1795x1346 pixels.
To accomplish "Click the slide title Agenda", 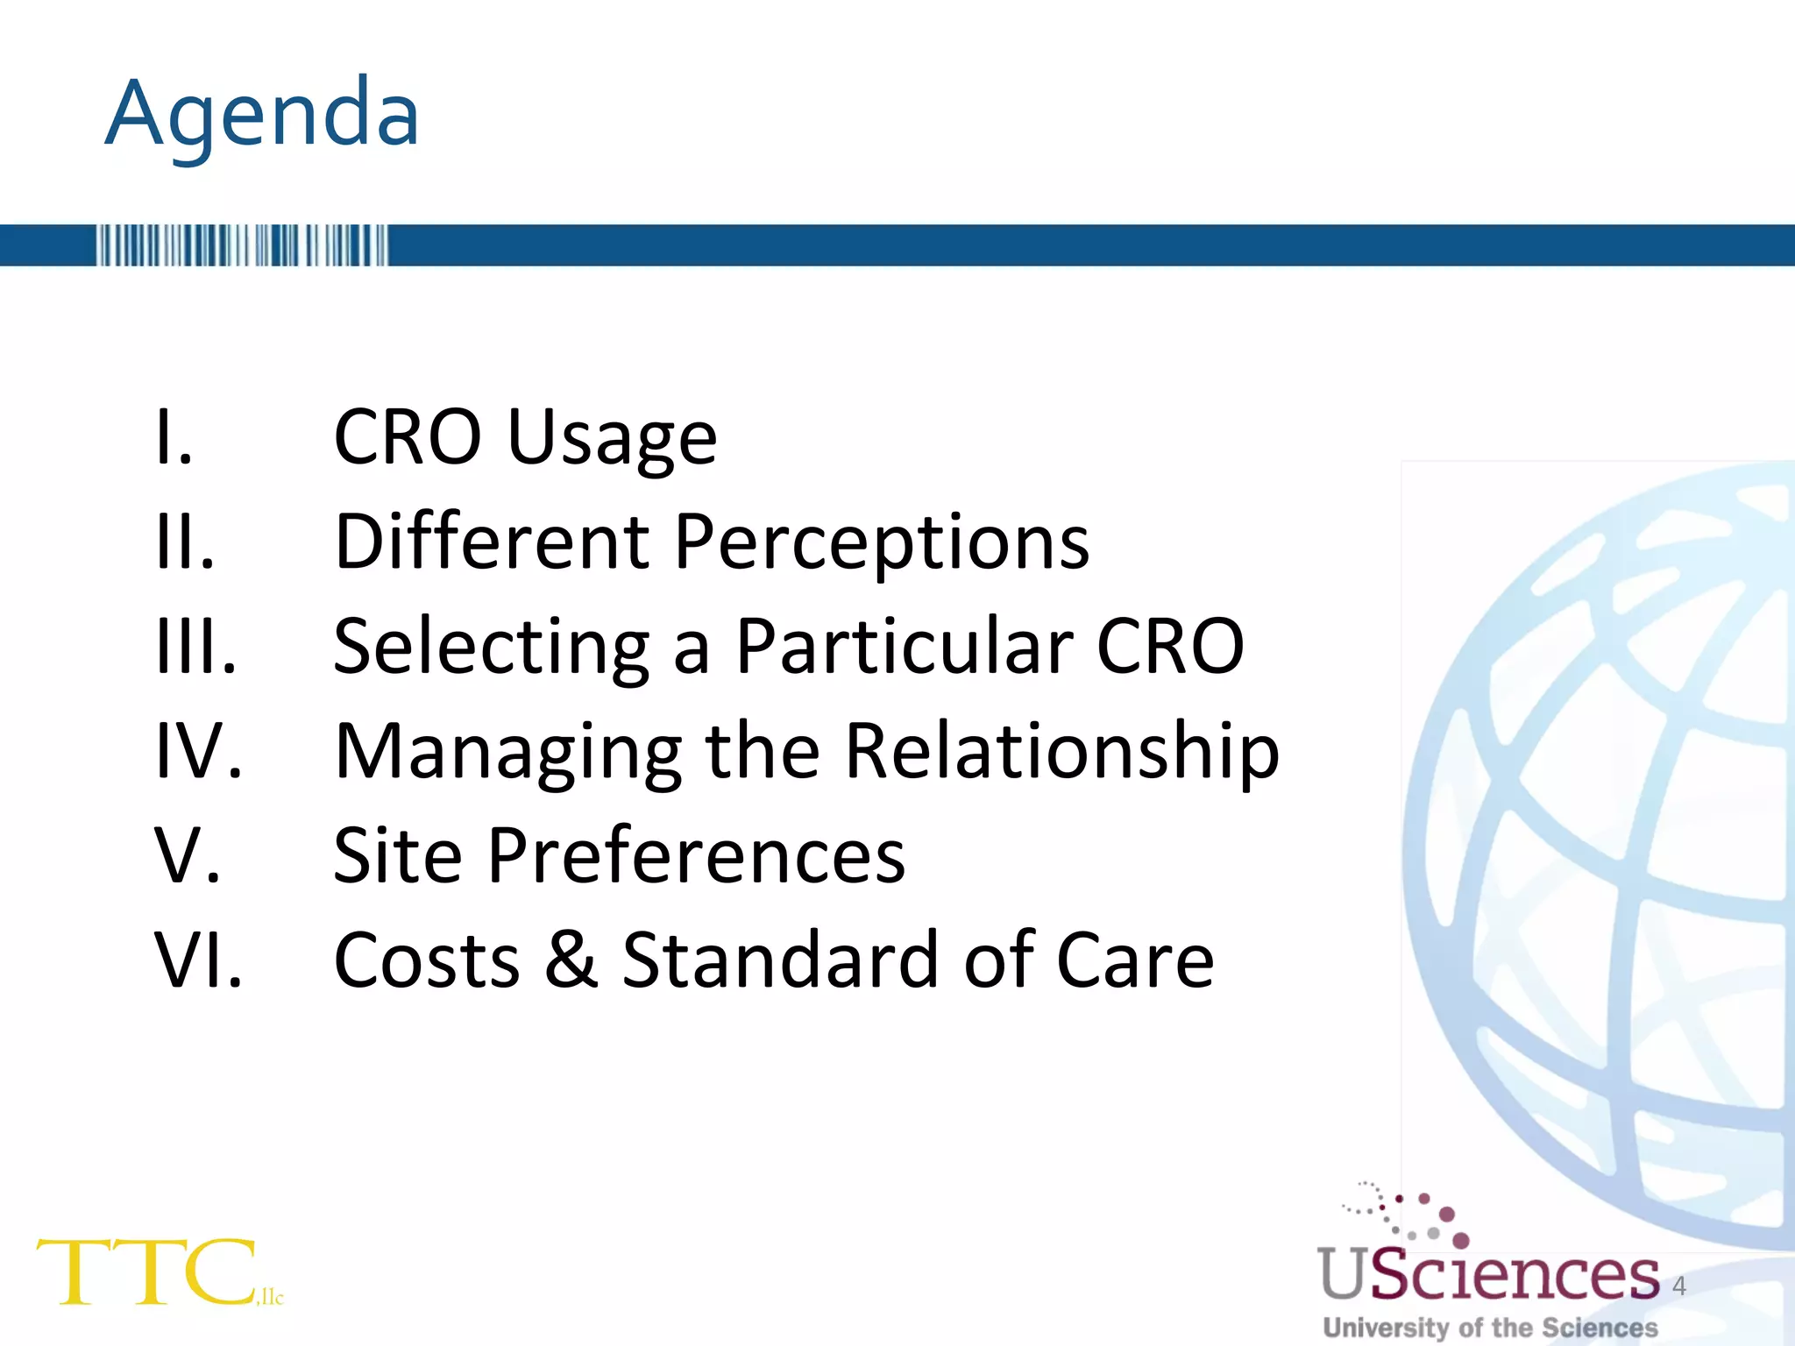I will coord(262,115).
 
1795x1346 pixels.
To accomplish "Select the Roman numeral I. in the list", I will coord(174,437).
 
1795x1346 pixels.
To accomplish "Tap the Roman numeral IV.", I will coord(198,750).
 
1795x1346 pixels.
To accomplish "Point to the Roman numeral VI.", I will coord(198,960).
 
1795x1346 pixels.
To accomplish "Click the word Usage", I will coord(612,437).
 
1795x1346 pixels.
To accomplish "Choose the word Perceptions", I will coord(882,542).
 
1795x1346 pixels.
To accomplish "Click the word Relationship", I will coord(1061,752).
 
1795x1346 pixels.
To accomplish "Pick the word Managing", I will coord(508,752).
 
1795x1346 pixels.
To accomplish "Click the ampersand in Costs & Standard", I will coord(571,960).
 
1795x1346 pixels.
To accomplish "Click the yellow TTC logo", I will coord(149,1272).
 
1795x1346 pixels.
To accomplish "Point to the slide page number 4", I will coord(1678,1286).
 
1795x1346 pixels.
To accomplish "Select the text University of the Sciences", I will coord(1490,1328).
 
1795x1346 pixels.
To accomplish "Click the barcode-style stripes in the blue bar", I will coord(242,245).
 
